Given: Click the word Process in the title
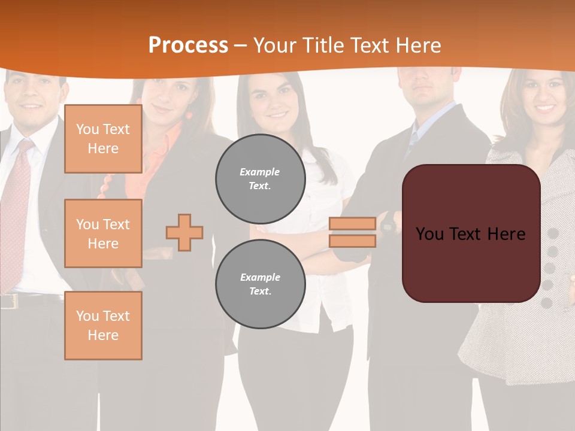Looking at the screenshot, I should [x=188, y=45].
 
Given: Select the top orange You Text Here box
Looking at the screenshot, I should [x=103, y=139].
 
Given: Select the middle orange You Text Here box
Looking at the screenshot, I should [x=103, y=233].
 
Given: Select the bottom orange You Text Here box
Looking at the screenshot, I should [x=103, y=326].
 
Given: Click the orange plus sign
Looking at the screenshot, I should [x=184, y=232].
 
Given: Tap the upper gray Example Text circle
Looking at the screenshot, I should [x=261, y=178].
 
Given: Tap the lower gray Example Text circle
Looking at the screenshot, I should [x=261, y=284].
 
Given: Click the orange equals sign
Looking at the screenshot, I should [x=352, y=232].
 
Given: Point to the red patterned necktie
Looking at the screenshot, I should [x=14, y=204].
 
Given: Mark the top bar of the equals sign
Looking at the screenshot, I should [x=352, y=224].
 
